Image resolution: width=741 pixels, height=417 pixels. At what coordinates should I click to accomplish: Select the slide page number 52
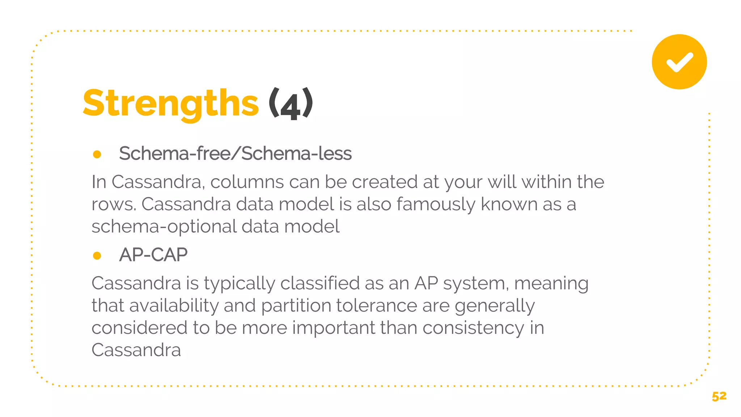[x=719, y=396]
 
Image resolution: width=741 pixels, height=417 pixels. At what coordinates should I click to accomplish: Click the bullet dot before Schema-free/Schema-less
[x=97, y=155]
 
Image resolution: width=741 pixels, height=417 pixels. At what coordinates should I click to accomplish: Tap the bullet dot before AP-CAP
[x=97, y=256]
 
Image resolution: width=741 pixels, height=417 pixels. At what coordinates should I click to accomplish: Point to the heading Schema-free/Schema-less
[x=235, y=153]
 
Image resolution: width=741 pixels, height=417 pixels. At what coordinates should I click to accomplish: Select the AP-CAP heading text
[x=153, y=254]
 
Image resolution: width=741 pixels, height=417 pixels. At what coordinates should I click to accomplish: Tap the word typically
[x=239, y=283]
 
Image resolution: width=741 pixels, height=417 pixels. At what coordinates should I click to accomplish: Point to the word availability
[x=174, y=306]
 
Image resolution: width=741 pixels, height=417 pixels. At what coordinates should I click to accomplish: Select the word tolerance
[x=376, y=306]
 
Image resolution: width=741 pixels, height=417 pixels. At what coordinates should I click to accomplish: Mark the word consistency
[x=473, y=328]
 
